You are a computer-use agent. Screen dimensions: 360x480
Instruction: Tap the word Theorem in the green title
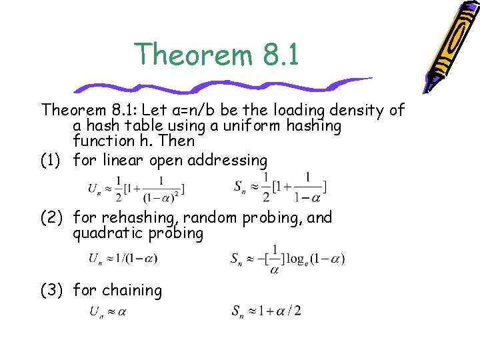(x=189, y=54)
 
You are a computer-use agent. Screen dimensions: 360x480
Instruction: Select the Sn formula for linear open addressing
(x=279, y=187)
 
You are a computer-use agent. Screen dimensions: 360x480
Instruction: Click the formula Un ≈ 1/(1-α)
(x=123, y=259)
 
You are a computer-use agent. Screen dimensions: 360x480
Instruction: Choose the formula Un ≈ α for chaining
(x=107, y=311)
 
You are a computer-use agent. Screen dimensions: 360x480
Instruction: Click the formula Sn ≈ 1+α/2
(x=267, y=311)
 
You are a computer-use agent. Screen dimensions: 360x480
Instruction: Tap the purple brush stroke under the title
(x=220, y=86)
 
